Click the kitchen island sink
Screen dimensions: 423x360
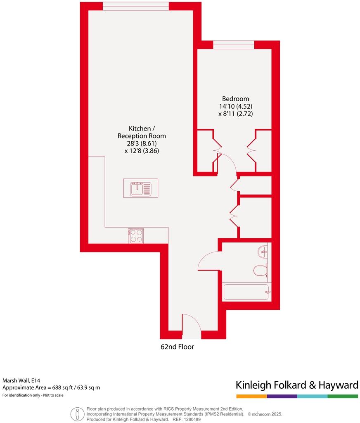tap(140, 188)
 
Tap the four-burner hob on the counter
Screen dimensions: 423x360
tap(136, 236)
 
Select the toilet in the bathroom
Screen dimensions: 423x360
tap(260, 271)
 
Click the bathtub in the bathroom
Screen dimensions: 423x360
tap(246, 292)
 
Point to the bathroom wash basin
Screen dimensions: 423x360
tap(263, 251)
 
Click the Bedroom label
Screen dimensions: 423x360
tap(235, 99)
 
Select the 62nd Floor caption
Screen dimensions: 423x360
tap(177, 347)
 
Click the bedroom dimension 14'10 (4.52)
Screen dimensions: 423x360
tap(235, 106)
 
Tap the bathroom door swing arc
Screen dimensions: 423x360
tap(209, 261)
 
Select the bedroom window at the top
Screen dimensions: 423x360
tap(234, 45)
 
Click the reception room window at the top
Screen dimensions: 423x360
tap(136, 6)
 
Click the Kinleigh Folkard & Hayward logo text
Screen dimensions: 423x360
tap(297, 385)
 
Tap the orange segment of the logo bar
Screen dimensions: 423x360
tap(251, 397)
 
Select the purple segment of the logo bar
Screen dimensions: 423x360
tap(282, 397)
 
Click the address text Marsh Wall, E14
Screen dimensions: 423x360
tap(21, 380)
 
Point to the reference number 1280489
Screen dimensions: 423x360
tap(192, 419)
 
